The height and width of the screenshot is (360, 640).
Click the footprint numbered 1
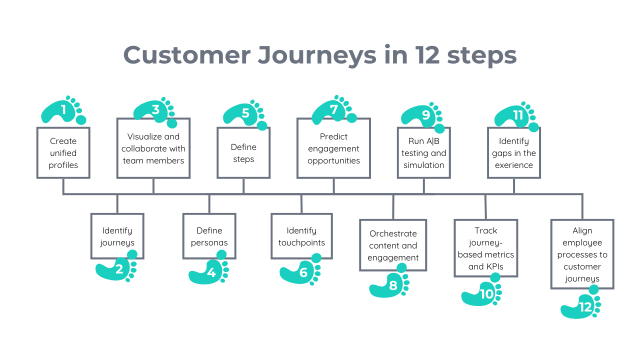(63, 110)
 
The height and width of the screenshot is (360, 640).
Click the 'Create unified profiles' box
(63, 153)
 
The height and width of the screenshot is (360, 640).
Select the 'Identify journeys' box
(117, 236)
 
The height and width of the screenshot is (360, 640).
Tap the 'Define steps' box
(243, 153)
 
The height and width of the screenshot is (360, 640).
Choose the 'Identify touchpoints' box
(301, 236)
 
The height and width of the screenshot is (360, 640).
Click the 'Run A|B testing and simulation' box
(423, 153)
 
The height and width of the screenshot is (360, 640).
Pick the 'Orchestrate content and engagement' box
(393, 245)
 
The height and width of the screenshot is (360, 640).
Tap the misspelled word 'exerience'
(514, 165)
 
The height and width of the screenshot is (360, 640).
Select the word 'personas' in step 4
(209, 242)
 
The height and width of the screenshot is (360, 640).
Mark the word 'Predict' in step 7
(333, 136)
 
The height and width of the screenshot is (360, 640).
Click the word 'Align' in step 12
(582, 230)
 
